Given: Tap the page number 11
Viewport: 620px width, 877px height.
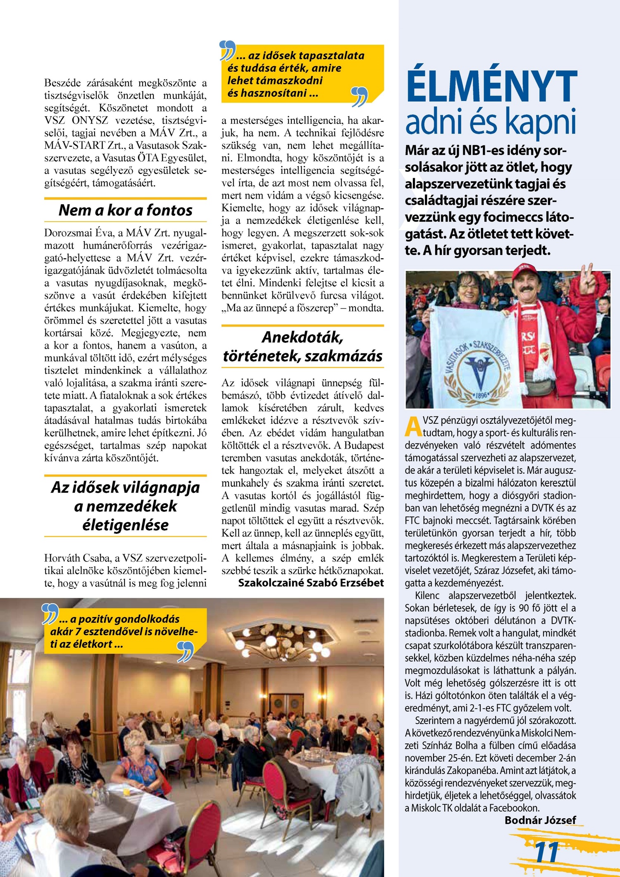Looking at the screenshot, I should (x=546, y=851).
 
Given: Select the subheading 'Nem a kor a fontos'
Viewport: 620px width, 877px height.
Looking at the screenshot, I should (x=125, y=210).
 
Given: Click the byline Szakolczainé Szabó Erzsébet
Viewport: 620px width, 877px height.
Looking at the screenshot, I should (x=311, y=583).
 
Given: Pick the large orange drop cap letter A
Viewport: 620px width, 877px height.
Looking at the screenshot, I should (x=413, y=427).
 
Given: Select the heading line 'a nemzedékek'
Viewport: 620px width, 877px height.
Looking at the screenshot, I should (x=125, y=506).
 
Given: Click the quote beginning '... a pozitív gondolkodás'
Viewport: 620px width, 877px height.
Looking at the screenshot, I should (x=120, y=619).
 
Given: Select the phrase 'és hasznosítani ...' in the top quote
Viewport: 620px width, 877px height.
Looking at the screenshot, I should (x=272, y=93).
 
